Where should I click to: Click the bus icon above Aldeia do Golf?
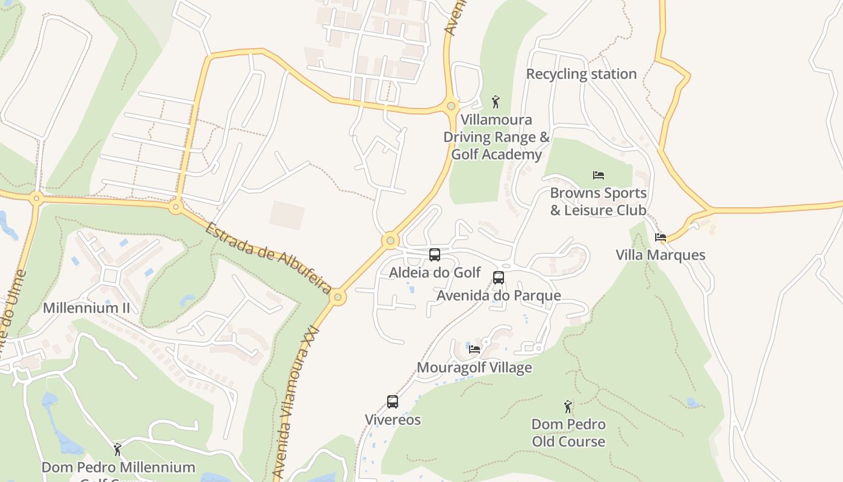pos(435,254)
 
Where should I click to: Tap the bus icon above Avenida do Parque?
pos(499,277)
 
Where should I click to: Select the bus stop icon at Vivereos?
pos(393,401)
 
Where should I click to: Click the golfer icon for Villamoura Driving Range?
pos(496,101)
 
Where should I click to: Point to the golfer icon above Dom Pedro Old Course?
pos(568,407)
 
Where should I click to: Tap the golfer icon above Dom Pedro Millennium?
pos(117,449)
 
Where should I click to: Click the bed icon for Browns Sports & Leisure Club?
pos(598,175)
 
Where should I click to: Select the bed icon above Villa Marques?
pos(661,237)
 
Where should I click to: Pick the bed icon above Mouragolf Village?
pos(474,349)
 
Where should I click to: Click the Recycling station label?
pos(581,74)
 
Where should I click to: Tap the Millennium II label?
pos(86,308)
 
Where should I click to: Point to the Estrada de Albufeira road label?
pos(268,258)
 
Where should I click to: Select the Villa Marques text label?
pos(660,255)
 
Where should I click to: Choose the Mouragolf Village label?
pos(474,368)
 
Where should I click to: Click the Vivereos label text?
pos(393,419)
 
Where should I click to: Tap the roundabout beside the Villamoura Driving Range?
pos(451,107)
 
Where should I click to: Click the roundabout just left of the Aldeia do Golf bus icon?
pos(390,241)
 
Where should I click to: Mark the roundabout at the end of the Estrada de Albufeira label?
pos(338,297)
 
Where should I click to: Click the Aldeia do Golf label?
pos(435,272)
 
